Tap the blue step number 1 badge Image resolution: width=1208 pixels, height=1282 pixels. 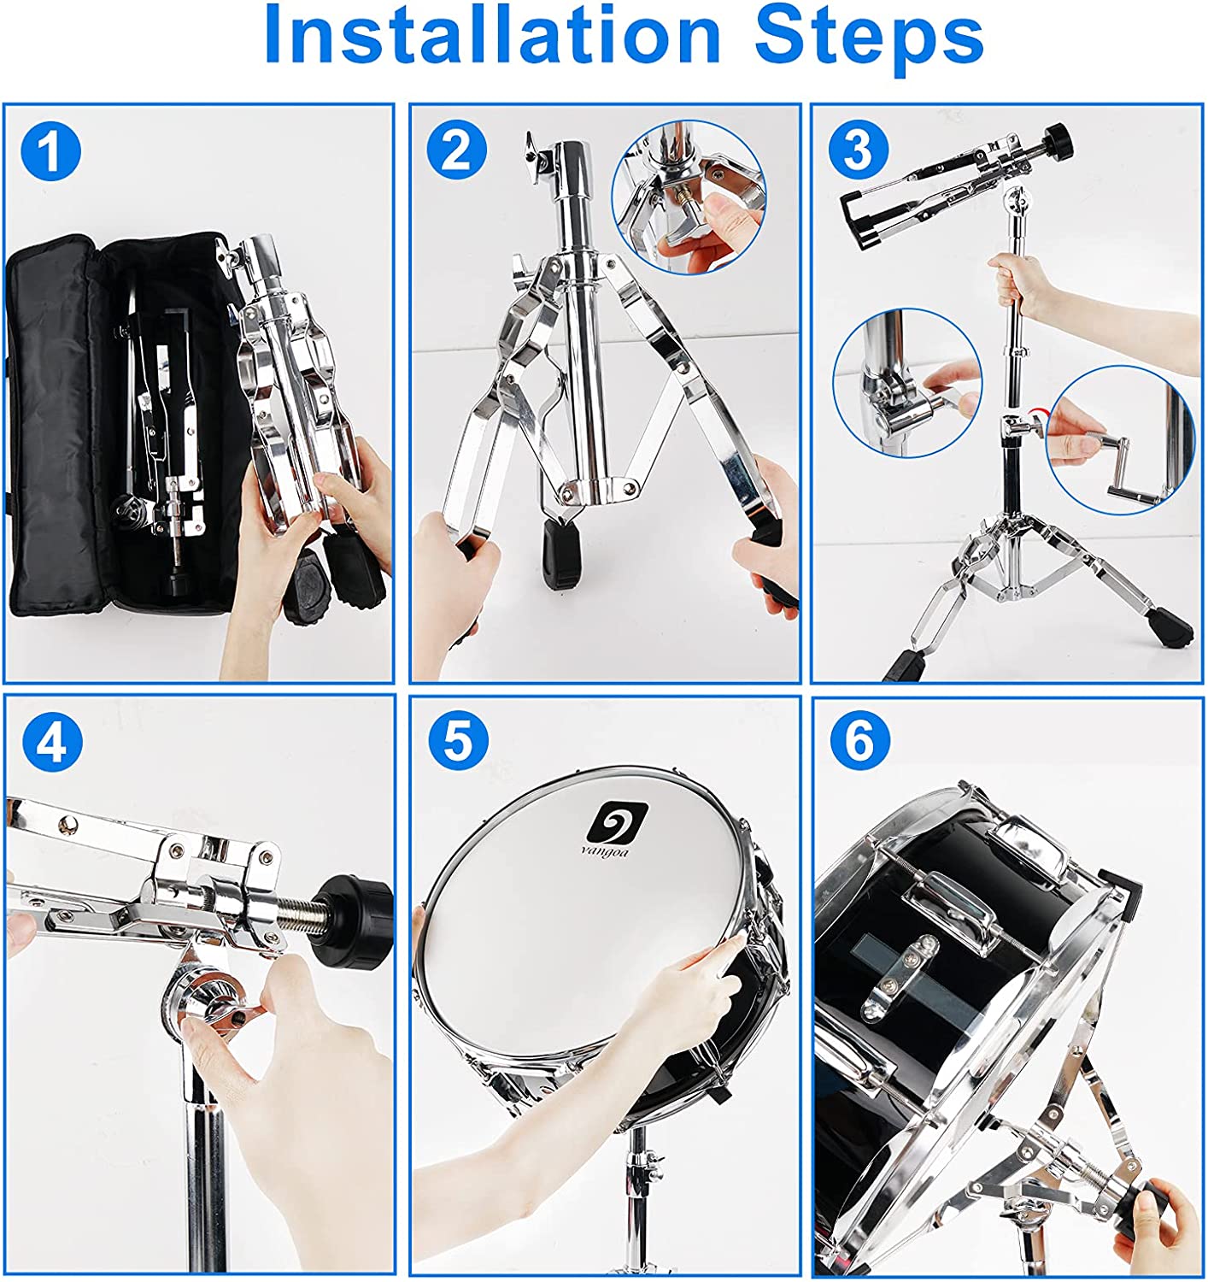tap(51, 151)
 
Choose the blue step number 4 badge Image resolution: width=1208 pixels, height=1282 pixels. tap(52, 741)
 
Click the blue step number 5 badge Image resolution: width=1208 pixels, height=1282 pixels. tap(458, 740)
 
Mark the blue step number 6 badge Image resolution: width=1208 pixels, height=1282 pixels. tap(859, 741)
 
